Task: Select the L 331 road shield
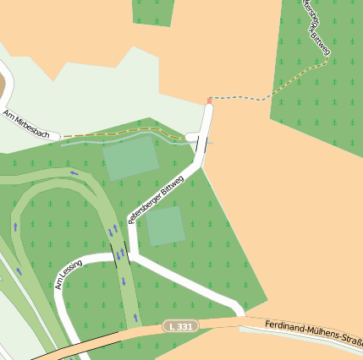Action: tap(179, 325)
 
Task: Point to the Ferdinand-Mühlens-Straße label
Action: tap(313, 331)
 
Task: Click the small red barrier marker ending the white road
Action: tap(210, 101)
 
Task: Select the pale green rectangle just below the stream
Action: tap(130, 160)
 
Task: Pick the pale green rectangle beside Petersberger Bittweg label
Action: tap(165, 226)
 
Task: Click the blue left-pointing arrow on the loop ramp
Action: tap(74, 173)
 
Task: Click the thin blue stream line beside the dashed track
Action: tap(127, 140)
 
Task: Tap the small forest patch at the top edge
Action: tap(153, 12)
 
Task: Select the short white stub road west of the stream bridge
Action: tap(191, 136)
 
